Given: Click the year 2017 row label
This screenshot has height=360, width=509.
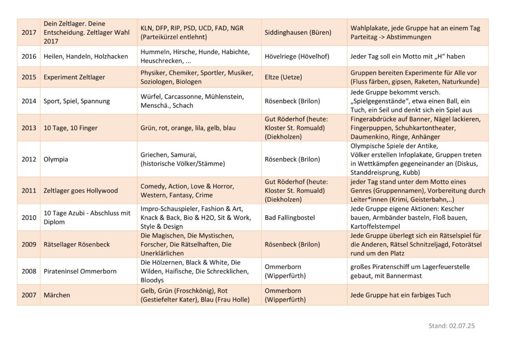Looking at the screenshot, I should point(29,32).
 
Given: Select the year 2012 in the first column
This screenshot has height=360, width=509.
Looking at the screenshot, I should point(29,160).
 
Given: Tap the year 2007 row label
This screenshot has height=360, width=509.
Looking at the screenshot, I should point(29,295).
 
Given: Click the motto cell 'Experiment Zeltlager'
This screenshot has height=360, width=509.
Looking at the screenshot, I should point(74,77).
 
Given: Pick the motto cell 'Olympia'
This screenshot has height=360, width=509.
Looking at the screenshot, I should point(56,160).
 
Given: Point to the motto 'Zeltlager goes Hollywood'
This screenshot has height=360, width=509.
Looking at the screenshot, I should point(81,190).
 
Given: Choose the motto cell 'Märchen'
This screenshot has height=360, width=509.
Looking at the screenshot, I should point(57,295).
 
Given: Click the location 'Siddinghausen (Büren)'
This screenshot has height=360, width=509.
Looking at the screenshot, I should point(298,32).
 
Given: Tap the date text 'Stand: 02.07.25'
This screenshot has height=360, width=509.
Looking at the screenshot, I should point(451,326).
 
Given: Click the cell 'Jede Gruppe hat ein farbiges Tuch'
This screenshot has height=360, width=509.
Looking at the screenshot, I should point(401,295).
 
